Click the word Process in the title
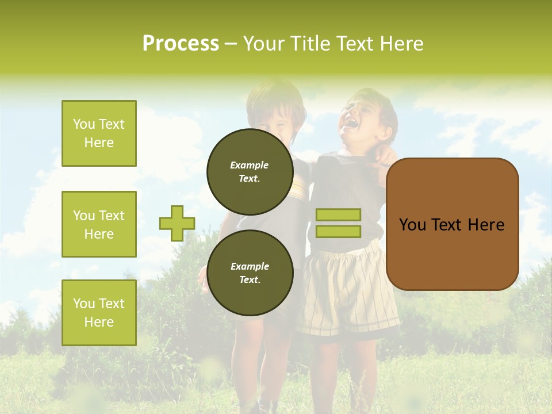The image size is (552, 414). point(181,44)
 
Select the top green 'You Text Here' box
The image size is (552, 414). point(99,133)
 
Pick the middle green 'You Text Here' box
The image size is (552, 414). point(99,224)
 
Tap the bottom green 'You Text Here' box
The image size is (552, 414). point(99,313)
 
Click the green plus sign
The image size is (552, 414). point(177,223)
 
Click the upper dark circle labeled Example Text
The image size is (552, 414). point(250,171)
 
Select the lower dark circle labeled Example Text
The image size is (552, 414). point(250,273)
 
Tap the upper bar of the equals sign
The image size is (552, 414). point(338,214)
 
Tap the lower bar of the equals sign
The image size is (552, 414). point(338,231)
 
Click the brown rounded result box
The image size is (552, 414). point(452,224)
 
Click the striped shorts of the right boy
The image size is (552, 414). point(345,293)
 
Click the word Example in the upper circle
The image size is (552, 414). point(250,165)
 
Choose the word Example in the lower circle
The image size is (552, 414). point(250,266)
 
